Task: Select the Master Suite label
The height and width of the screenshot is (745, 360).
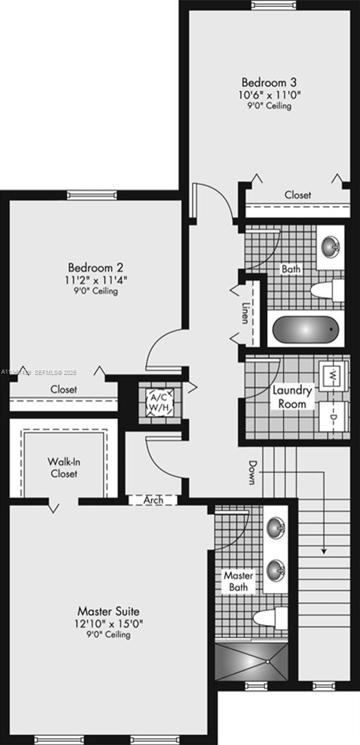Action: point(108,611)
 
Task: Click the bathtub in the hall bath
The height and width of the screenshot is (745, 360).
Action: point(306,329)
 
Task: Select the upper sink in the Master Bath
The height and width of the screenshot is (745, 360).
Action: point(276,528)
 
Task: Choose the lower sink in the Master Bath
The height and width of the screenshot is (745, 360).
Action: point(276,568)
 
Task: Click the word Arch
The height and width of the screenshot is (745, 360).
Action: point(153,500)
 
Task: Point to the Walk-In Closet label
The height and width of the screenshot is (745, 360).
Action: point(63,467)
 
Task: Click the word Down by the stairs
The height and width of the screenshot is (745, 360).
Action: point(253,472)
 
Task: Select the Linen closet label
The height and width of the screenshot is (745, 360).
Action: point(246,314)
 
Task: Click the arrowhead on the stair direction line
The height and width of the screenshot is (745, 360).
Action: point(323,550)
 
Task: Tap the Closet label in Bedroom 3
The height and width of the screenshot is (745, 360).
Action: point(298,195)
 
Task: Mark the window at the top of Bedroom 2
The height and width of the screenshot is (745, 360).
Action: point(92,195)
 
